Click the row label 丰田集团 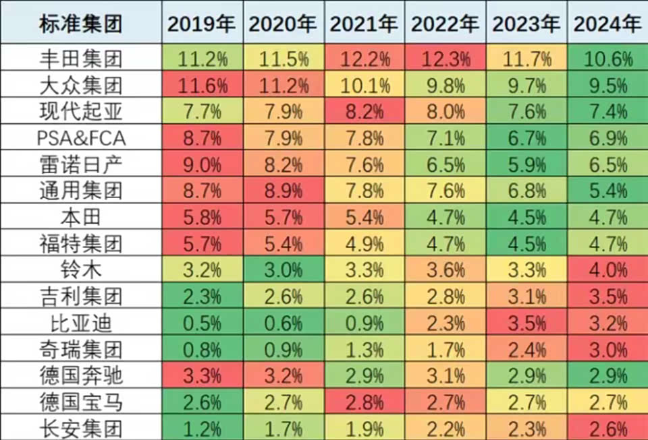coord(81,59)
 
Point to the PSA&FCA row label coord(81,139)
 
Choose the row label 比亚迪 coord(81,323)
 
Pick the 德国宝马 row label coord(81,402)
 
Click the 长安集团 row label coord(81,428)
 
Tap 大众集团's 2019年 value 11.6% coord(201,86)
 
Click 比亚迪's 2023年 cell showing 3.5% coord(526,323)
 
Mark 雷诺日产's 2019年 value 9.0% coord(201,165)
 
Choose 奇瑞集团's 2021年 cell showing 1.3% coord(364,349)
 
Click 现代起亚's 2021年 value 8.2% coord(364,113)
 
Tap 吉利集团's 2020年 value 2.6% coord(283,296)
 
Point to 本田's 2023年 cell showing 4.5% coord(526,218)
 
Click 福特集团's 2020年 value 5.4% coord(283,244)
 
